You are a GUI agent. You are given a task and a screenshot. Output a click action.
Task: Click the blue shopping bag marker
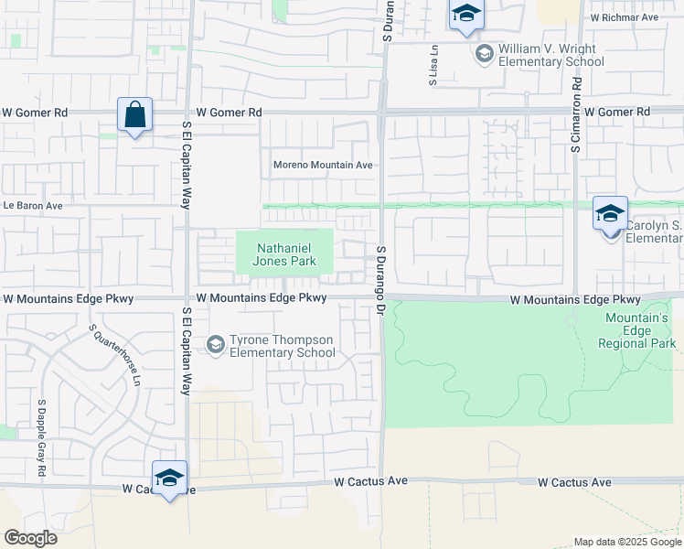click(x=134, y=116)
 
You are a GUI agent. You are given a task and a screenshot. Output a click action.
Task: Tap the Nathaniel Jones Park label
click(x=285, y=254)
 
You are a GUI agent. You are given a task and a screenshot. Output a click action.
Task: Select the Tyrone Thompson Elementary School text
click(x=282, y=346)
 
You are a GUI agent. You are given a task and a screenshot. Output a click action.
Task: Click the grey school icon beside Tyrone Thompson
click(x=216, y=345)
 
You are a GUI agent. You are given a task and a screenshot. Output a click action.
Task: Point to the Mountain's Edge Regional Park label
click(x=638, y=330)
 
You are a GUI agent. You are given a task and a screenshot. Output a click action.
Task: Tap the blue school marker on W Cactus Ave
click(x=169, y=479)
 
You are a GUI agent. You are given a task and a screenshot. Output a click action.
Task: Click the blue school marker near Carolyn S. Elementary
click(x=610, y=214)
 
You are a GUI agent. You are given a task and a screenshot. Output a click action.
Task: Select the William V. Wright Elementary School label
click(x=550, y=56)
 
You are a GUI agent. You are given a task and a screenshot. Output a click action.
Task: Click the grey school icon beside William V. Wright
click(x=484, y=55)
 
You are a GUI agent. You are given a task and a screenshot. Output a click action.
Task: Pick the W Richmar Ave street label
click(x=625, y=17)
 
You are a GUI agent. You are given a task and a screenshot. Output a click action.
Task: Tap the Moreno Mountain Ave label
click(x=324, y=166)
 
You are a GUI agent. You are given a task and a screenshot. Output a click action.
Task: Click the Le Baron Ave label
click(x=32, y=206)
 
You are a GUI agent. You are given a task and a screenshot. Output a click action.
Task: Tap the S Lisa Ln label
click(x=433, y=67)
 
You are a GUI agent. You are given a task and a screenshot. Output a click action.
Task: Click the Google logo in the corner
click(x=30, y=538)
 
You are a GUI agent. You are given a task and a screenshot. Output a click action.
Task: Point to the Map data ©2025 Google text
click(x=627, y=542)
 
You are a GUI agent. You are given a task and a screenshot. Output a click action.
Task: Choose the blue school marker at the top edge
click(x=465, y=14)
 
